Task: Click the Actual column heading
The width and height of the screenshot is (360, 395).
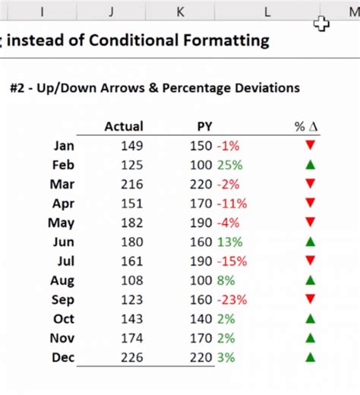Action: point(123,127)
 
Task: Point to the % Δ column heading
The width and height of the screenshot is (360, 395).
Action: point(305,127)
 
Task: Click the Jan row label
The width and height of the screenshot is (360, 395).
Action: point(65,146)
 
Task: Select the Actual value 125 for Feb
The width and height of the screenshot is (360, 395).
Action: point(131,165)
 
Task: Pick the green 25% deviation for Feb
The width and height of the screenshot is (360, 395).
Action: point(229,165)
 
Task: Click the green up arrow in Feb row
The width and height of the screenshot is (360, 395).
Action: point(309,165)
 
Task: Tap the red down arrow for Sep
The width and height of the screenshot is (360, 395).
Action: point(309,299)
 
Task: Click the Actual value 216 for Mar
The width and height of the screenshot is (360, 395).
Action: point(131,184)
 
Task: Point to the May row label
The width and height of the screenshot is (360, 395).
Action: point(62,223)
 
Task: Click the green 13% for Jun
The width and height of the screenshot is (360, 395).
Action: point(229,242)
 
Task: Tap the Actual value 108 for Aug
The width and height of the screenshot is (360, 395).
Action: point(131,280)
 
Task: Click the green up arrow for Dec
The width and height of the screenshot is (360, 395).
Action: point(309,357)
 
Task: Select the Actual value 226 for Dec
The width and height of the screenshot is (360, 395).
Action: point(131,357)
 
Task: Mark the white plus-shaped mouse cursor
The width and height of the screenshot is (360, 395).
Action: point(321,24)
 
